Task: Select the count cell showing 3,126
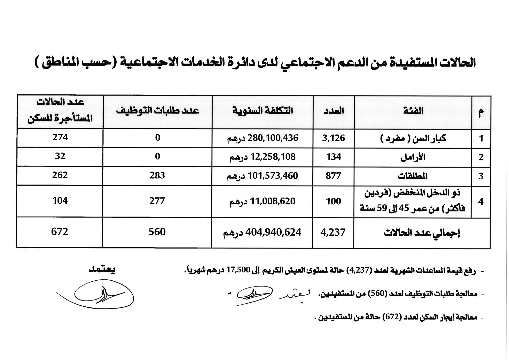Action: [x=333, y=138]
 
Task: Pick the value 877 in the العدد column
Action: [x=333, y=176]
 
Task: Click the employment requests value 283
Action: [x=157, y=175]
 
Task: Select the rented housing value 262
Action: [x=60, y=175]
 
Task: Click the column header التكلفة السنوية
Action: [x=263, y=111]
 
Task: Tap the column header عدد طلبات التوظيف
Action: [x=157, y=111]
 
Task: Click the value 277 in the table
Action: [x=157, y=201]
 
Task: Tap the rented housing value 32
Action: [x=60, y=156]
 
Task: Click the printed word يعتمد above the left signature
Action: [x=102, y=270]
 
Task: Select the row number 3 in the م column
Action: [x=481, y=176]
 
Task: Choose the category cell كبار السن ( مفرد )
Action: [x=413, y=138]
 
